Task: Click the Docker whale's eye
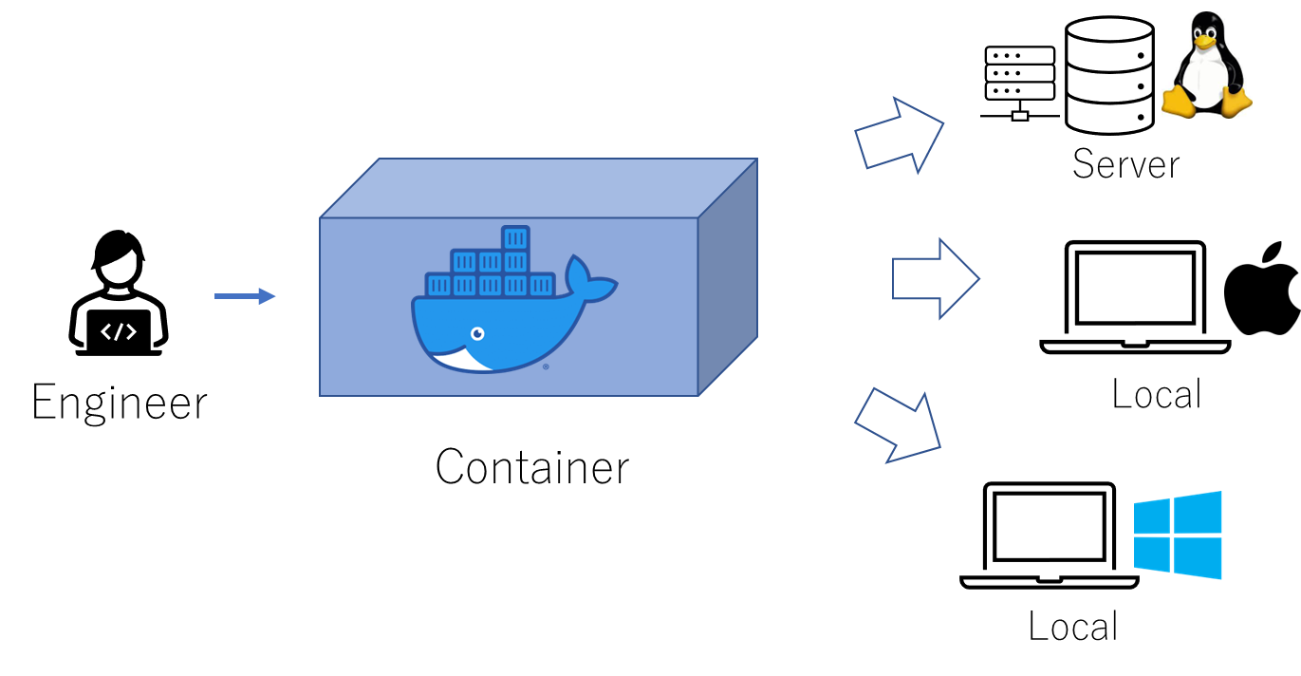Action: click(477, 333)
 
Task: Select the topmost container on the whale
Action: click(515, 237)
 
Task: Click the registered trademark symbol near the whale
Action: click(546, 366)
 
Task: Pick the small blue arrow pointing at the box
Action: click(245, 296)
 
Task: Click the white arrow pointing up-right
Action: click(899, 134)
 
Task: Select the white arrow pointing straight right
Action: click(935, 278)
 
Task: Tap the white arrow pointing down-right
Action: click(899, 426)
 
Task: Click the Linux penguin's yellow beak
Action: click(1205, 41)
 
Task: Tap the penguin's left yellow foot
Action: click(1178, 101)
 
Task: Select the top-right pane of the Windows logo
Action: click(1198, 513)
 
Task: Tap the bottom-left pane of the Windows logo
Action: click(1152, 554)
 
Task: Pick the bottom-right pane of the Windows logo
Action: click(1198, 557)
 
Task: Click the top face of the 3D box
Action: click(538, 188)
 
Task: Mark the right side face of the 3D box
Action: click(728, 276)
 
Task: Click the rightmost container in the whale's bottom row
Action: click(541, 285)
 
